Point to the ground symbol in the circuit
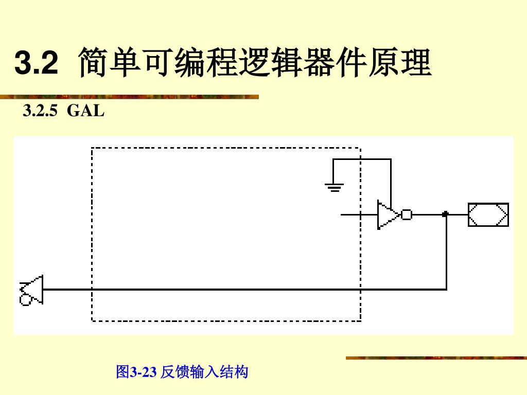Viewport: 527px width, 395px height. pos(333,186)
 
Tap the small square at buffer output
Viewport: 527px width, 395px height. pos(407,214)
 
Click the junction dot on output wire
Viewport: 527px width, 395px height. pos(446,214)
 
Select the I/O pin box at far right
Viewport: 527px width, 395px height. pos(488,214)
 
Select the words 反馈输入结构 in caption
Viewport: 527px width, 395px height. pos(205,371)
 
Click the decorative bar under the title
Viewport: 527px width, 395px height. pos(129,97)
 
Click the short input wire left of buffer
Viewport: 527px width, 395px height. pos(358,214)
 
